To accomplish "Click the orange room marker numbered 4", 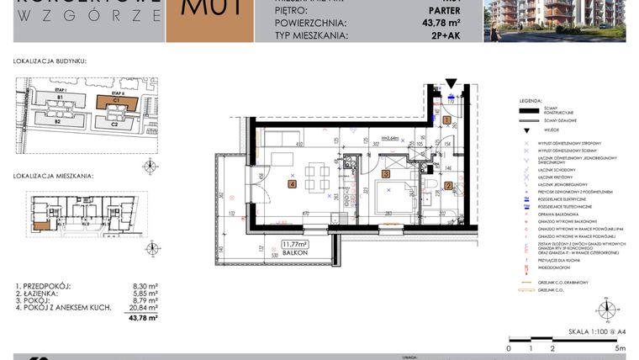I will pos(293,184).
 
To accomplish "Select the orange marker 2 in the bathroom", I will pos(449,186).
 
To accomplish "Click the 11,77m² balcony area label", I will pos(295,244).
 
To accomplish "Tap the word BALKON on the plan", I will pos(295,252).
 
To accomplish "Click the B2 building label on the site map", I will pos(60,122).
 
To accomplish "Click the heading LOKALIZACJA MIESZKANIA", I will pos(52,177).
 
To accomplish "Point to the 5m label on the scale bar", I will pos(620,347).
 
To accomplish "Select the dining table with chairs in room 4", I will pos(316,177).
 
